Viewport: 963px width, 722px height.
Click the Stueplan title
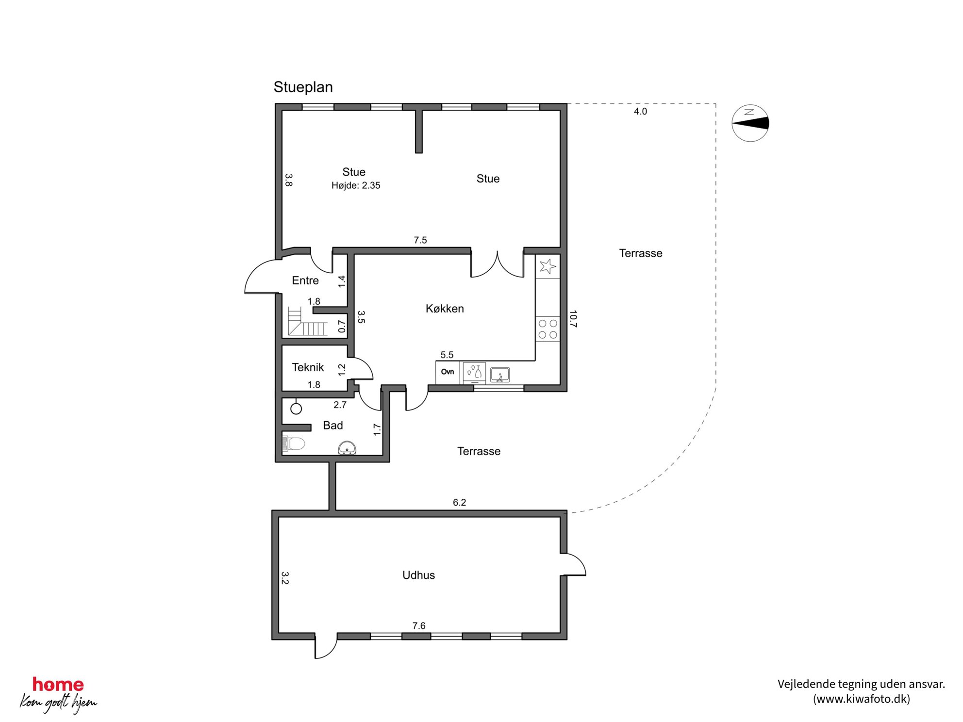coord(303,87)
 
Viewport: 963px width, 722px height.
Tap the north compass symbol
coord(750,123)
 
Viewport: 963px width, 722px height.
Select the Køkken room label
coord(445,309)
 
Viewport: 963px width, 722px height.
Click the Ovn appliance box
coord(448,372)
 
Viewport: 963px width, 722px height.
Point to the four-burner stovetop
coord(548,329)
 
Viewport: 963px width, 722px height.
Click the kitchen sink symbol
coord(499,375)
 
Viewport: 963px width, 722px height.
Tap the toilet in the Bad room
coord(293,443)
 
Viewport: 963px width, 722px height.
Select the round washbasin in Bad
coord(347,448)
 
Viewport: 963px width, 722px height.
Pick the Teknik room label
coord(308,367)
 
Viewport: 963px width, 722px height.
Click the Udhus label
coord(418,575)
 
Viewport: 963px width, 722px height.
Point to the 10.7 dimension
coord(573,319)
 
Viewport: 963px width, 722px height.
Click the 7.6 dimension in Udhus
coord(419,626)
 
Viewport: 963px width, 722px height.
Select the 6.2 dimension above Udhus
coord(459,503)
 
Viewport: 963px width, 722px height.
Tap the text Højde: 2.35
coord(356,185)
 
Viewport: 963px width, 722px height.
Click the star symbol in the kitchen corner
coord(548,266)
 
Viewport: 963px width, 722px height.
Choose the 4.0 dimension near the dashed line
coord(640,112)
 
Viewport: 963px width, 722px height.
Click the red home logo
coord(58,685)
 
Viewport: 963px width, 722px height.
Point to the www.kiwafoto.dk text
coord(862,699)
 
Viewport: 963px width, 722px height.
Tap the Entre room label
coord(305,280)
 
